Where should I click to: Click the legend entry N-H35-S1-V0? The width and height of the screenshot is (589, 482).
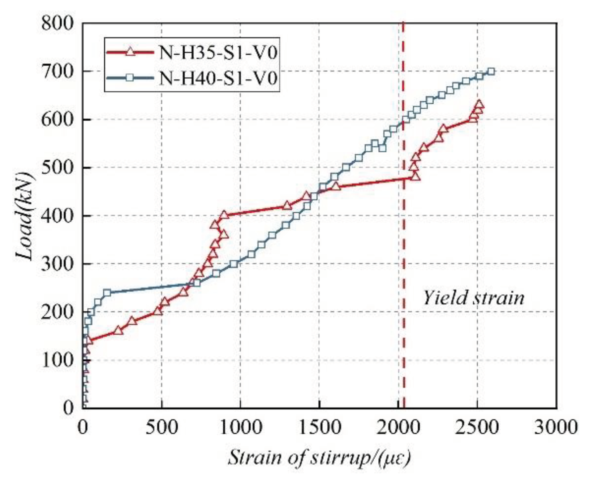(x=218, y=53)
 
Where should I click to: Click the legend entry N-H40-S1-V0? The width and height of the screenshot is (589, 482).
(x=218, y=78)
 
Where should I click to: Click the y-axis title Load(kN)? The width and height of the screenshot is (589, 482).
(x=25, y=216)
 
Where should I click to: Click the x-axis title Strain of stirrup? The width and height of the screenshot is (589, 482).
(x=319, y=458)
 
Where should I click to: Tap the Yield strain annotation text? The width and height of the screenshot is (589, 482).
(x=473, y=298)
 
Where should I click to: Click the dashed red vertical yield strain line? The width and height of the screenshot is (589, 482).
(x=404, y=253)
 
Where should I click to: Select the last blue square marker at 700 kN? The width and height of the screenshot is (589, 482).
(x=491, y=71)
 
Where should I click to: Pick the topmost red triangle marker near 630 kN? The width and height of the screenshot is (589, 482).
(x=479, y=104)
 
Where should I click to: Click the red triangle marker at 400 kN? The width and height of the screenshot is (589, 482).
(x=224, y=215)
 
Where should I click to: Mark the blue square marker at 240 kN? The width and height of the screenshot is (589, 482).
(x=107, y=292)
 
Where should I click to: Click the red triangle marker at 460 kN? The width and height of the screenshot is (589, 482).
(x=336, y=186)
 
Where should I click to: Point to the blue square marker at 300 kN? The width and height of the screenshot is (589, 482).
(x=234, y=264)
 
